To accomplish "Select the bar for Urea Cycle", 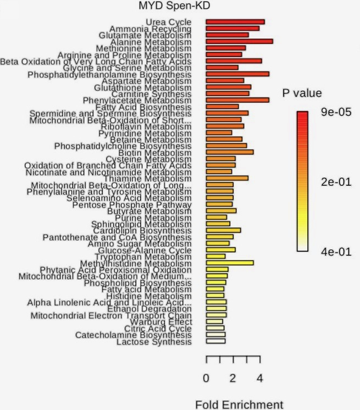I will click(x=235, y=22).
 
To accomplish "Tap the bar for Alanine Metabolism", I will click(x=239, y=41).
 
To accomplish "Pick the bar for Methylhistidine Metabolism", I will click(x=230, y=263).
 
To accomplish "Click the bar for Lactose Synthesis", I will click(x=215, y=341).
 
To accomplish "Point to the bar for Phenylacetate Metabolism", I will click(x=237, y=100).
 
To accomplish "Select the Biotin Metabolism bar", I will click(x=230, y=152).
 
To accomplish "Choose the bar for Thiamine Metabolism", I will click(x=227, y=178).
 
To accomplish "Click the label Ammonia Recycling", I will click(x=150, y=29).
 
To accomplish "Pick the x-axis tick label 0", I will click(x=206, y=379).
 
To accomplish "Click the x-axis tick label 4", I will click(x=260, y=379).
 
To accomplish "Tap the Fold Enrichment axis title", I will click(x=240, y=405).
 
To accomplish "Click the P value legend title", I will click(x=302, y=93).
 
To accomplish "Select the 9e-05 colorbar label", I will click(x=336, y=113).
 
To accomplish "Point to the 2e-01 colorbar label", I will click(x=336, y=182).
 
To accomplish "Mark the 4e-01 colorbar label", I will click(x=336, y=251).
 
